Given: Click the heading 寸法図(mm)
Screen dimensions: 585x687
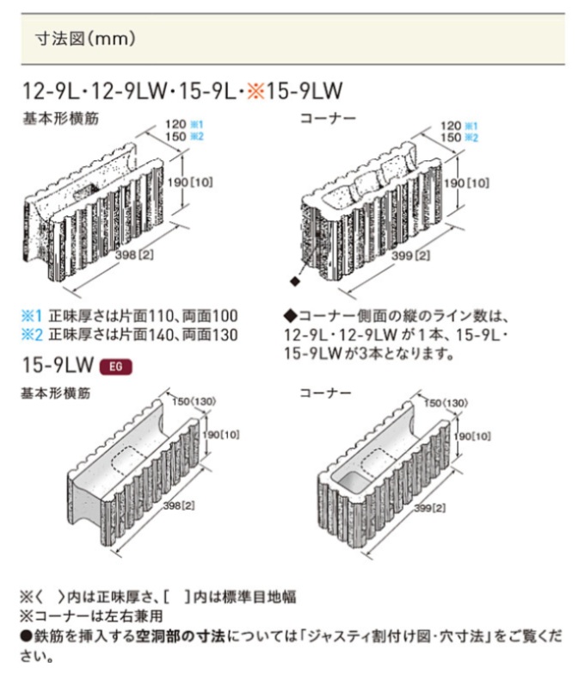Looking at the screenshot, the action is tap(85, 39).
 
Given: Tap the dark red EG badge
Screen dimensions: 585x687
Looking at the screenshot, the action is tap(115, 366).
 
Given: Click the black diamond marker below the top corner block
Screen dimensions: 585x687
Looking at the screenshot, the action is tap(295, 282).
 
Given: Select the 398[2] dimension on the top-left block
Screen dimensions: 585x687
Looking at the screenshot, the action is tap(134, 255).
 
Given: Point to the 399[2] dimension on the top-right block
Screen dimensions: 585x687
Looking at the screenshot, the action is tap(410, 255).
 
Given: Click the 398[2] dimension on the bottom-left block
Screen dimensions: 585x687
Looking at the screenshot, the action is tap(179, 505).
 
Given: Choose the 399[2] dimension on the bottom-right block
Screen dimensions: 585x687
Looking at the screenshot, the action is tap(429, 508).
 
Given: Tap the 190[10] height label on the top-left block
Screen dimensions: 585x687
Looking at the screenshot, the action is tap(190, 182).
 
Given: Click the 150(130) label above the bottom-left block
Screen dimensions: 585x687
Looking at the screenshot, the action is tap(194, 401).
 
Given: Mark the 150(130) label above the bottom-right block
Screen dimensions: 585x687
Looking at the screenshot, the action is tap(446, 403).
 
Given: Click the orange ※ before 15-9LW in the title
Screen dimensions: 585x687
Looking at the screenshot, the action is tap(256, 91).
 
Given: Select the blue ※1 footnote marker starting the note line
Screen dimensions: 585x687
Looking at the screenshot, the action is tap(32, 315).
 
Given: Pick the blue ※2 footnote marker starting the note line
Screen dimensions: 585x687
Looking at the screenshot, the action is tap(32, 335).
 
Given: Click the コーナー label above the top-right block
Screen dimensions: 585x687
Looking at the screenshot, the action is tap(328, 118).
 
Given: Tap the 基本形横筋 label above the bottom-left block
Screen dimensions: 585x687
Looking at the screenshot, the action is tap(56, 393).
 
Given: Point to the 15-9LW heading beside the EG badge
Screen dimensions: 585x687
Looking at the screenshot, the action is tap(58, 365).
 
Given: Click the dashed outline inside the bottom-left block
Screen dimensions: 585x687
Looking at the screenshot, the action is tap(131, 457).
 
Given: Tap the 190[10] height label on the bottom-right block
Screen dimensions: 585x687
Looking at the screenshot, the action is tap(471, 436).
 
